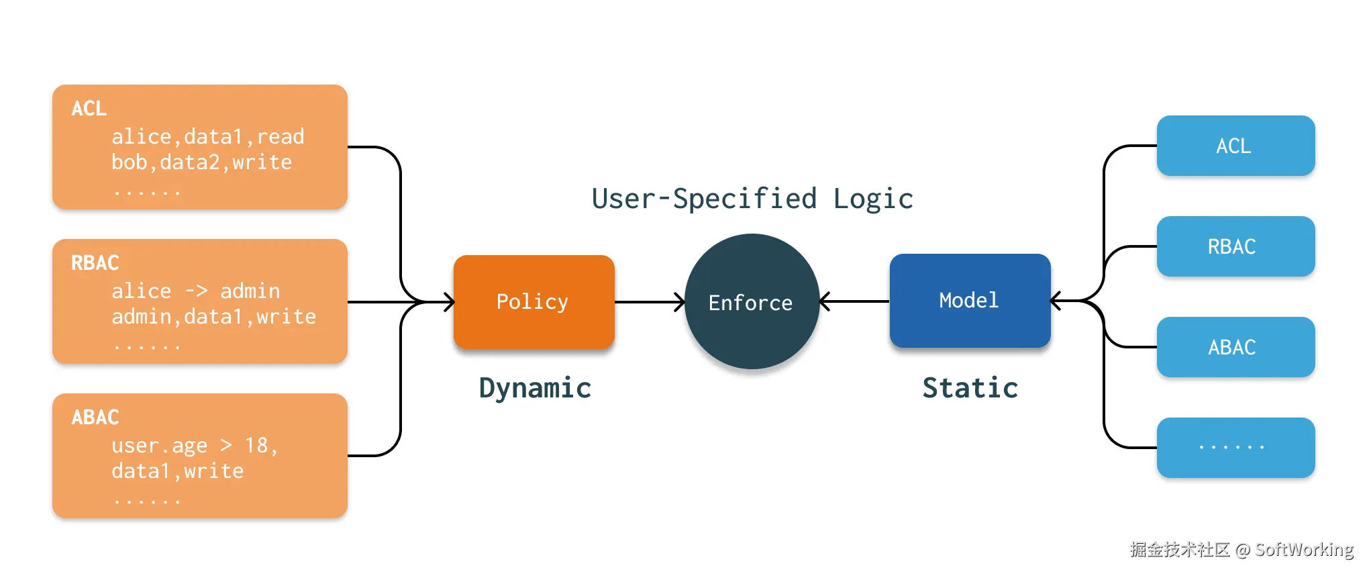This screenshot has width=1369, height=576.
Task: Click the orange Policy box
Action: (534, 301)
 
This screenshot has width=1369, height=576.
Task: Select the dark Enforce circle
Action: (752, 302)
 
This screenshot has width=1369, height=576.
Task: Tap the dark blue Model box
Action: (970, 300)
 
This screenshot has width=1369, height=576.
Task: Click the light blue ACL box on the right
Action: (1235, 146)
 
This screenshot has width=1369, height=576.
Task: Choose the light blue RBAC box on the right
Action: (1235, 246)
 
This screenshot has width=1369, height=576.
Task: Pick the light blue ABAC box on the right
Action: (1235, 347)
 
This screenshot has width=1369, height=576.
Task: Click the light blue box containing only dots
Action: (1235, 447)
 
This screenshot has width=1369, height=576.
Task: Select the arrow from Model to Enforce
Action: (854, 301)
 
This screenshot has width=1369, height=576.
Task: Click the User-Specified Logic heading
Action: (752, 199)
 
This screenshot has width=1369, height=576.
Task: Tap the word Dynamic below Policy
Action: (535, 388)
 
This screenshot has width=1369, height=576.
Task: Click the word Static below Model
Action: (970, 388)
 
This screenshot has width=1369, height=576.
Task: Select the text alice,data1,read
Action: (207, 137)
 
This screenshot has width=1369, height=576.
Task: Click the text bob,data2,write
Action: (201, 162)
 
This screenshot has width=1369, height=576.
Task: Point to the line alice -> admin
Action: (195, 291)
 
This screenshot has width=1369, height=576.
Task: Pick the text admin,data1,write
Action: (213, 317)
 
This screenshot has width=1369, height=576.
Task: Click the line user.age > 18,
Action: (195, 445)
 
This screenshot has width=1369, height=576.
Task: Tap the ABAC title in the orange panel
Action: (95, 417)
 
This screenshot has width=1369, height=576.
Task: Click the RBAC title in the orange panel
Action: (95, 262)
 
